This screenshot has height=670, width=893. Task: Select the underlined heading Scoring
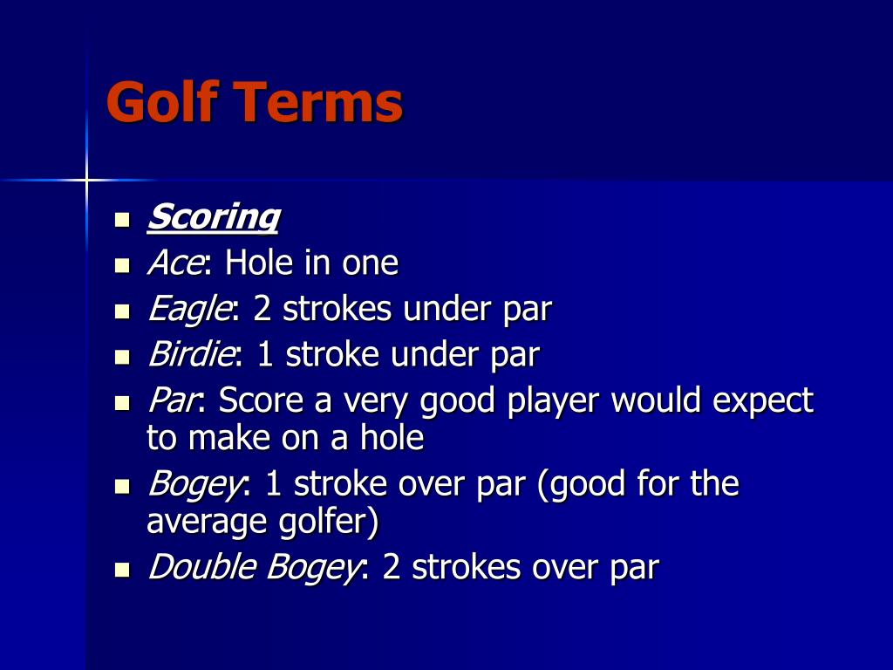pyautogui.click(x=214, y=216)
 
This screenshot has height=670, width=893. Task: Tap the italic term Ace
pyautogui.click(x=174, y=263)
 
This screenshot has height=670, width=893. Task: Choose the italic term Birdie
pyautogui.click(x=191, y=355)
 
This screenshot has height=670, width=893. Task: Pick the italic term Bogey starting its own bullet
pyautogui.click(x=193, y=484)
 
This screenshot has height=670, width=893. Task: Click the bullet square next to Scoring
pyautogui.click(x=122, y=218)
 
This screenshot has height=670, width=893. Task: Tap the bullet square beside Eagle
pyautogui.click(x=122, y=311)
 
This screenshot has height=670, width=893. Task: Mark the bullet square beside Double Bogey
pyautogui.click(x=122, y=570)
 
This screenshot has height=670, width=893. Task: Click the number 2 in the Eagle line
pyautogui.click(x=262, y=309)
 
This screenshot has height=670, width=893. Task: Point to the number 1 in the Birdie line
pyautogui.click(x=265, y=355)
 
